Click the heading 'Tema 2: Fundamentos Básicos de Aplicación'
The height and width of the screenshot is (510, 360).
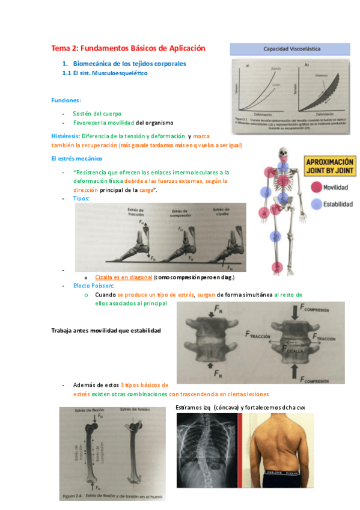point(128,48)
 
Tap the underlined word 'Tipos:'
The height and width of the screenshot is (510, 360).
point(81,198)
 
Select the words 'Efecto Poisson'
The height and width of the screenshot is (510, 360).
point(92,286)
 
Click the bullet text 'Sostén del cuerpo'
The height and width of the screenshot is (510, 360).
point(97,113)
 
